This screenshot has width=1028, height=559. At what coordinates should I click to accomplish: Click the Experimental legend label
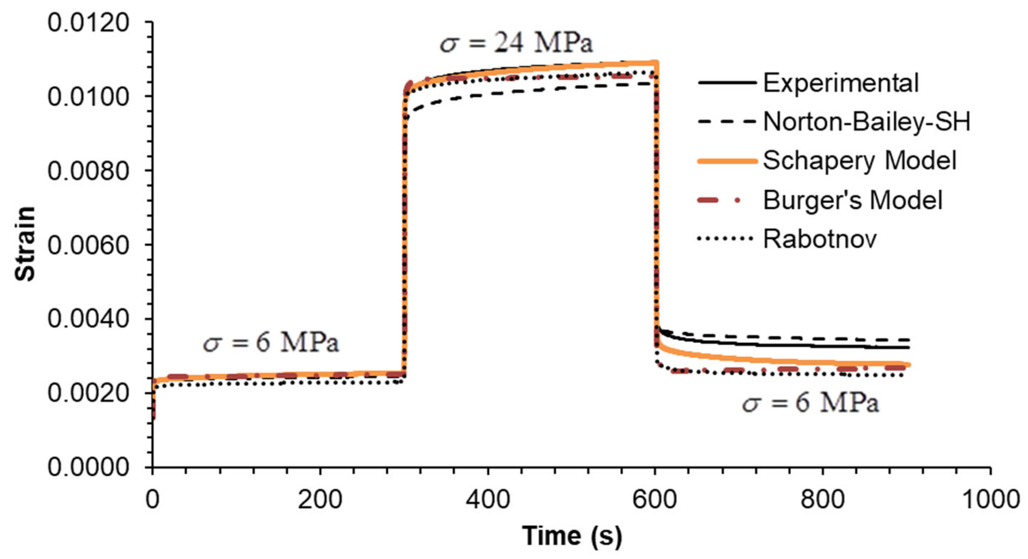[x=841, y=83]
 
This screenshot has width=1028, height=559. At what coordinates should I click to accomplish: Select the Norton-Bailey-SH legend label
[x=866, y=121]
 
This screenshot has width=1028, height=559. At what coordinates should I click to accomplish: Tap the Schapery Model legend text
[x=860, y=160]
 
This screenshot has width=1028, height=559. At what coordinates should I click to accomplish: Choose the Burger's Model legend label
[x=853, y=200]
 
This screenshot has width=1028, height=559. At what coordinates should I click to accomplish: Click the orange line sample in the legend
[x=727, y=161]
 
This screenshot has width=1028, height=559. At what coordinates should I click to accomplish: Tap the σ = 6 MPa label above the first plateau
[x=271, y=342]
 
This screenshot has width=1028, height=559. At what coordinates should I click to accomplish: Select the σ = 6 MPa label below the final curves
[x=810, y=403]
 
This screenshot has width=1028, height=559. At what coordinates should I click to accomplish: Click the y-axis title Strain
[x=25, y=244]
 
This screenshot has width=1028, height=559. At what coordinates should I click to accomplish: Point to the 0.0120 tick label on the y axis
[x=88, y=22]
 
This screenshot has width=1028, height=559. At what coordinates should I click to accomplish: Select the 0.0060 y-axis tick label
[x=88, y=245]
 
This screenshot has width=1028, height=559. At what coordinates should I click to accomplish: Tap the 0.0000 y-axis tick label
[x=88, y=467]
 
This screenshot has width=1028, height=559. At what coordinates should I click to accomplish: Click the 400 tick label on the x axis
[x=488, y=499]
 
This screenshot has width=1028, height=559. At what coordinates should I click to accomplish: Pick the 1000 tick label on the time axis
[x=991, y=499]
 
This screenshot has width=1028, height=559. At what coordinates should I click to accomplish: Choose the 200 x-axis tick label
[x=320, y=499]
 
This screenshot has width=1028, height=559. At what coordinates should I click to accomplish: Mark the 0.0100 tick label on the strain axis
[x=88, y=96]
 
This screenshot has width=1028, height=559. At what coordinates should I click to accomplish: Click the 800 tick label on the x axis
[x=823, y=499]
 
